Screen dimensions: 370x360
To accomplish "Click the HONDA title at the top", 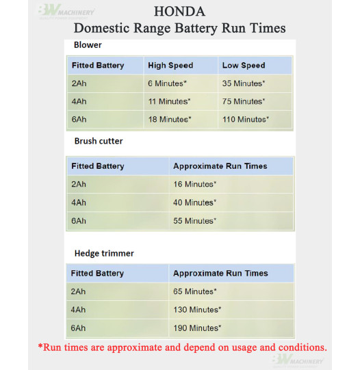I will [x=180, y=12].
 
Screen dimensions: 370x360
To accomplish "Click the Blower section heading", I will [x=88, y=45].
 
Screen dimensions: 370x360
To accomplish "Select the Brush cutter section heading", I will [x=99, y=142].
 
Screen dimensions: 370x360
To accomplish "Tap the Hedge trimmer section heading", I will [x=104, y=253].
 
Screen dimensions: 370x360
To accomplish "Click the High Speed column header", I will [x=170, y=66].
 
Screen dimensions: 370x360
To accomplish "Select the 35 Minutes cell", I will [x=244, y=83].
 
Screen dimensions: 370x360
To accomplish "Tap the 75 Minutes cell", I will [x=244, y=101].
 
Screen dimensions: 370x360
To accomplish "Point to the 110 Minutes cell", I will [x=246, y=120].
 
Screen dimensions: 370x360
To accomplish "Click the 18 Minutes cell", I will [x=170, y=120].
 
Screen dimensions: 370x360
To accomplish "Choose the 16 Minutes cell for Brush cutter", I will [x=195, y=185].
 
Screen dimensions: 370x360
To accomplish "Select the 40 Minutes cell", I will [x=195, y=202].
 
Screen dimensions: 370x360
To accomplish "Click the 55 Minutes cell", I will [x=195, y=221].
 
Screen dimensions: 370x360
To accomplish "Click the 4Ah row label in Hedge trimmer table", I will [x=79, y=310].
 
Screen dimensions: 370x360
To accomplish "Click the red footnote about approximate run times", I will [x=182, y=347].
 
